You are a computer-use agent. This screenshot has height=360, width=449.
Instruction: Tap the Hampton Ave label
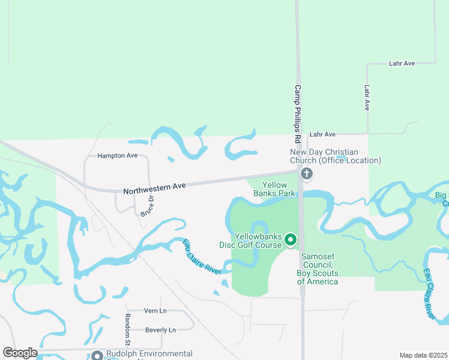pyautogui.click(x=118, y=155)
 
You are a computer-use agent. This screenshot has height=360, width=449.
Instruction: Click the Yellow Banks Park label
pyautogui.click(x=274, y=189)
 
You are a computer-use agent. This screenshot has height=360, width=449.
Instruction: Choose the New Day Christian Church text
pyautogui.click(x=335, y=156)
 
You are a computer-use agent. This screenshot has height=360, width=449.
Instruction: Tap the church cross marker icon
pyautogui.click(x=307, y=174)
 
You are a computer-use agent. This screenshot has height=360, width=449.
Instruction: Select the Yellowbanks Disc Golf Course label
pyautogui.click(x=258, y=241)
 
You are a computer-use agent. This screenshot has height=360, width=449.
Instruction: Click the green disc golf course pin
pyautogui.click(x=291, y=240)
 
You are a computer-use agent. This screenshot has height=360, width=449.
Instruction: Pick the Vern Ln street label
pyautogui.click(x=155, y=311)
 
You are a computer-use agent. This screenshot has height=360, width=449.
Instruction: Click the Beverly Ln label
pyautogui.click(x=160, y=330)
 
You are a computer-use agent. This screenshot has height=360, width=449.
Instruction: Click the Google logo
pyautogui.click(x=20, y=353)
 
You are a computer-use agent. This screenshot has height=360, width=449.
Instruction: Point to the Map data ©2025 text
pyautogui.click(x=423, y=355)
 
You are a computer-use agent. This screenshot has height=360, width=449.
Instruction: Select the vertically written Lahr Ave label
pyautogui.click(x=367, y=97)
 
